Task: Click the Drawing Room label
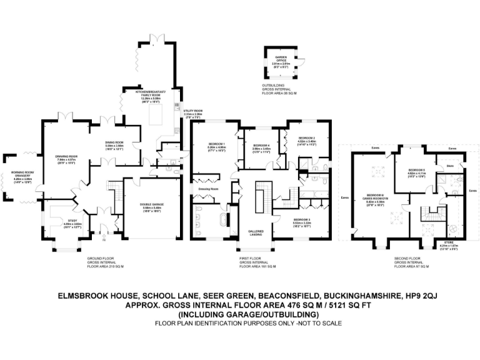pos(66,157)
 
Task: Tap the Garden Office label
pos(278,61)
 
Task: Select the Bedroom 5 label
pos(417,170)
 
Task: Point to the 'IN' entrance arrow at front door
pos(103,238)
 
